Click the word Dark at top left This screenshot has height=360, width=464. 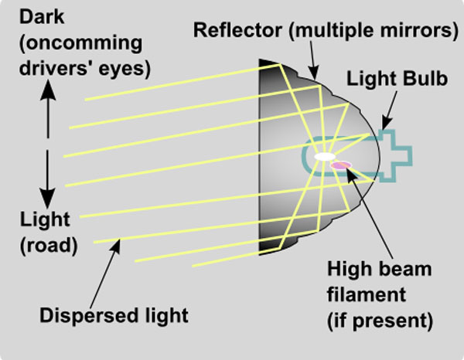click(25, 15)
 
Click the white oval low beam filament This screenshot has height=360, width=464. click(321, 158)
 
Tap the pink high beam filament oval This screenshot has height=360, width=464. click(340, 164)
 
